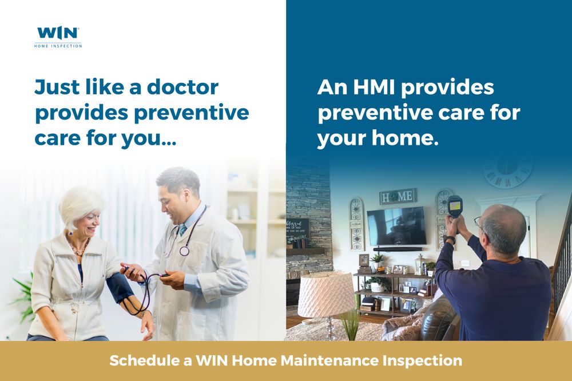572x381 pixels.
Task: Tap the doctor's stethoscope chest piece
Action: pos(184,251)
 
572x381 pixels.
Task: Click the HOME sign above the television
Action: pos(398,196)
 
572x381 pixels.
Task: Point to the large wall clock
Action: pos(508,170)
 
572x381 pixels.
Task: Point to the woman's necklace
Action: pos(78,249)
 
